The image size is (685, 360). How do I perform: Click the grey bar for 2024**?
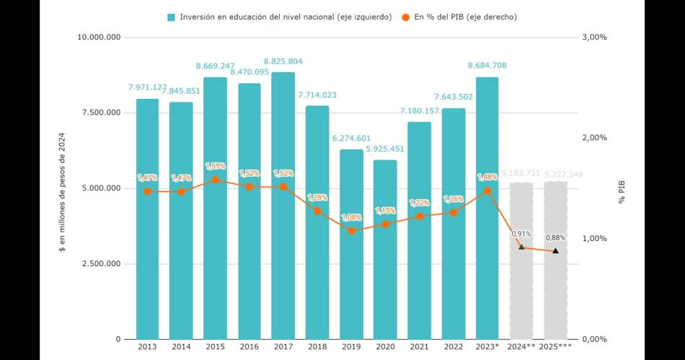coord(521,260)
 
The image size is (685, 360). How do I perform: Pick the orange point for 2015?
coord(216,180)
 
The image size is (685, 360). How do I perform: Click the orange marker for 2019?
coord(351,231)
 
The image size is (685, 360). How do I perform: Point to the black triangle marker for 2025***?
coord(555,251)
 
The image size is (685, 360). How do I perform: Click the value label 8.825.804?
coord(283,62)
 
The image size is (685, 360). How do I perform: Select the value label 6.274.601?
coord(351,139)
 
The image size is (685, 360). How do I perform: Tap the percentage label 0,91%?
coord(521,234)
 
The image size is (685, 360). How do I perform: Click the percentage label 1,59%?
coord(216,166)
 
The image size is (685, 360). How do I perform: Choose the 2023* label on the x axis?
coord(487,347)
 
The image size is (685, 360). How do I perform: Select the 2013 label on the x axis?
coord(148,347)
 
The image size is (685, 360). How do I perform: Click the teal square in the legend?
coord(171,17)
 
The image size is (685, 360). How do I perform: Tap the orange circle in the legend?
coord(407,17)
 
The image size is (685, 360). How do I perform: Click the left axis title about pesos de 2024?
coord(63,188)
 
